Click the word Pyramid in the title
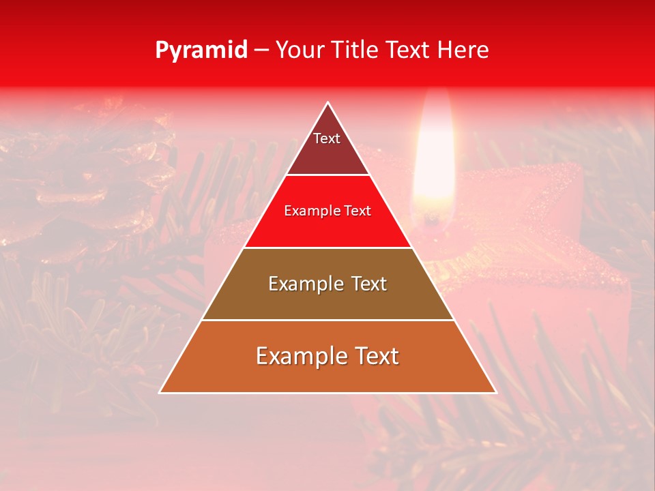click(x=201, y=50)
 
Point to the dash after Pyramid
click(x=261, y=50)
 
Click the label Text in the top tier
click(x=327, y=138)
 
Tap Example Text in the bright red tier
click(x=327, y=211)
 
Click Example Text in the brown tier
click(x=327, y=284)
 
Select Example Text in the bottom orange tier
click(x=327, y=356)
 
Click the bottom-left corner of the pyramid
click(x=160, y=392)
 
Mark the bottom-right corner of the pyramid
click(x=495, y=392)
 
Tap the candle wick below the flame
click(x=431, y=219)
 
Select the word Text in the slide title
click(x=411, y=50)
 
